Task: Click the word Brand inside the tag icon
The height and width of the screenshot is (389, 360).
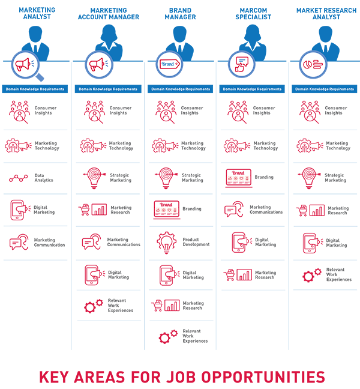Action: coord(167,64)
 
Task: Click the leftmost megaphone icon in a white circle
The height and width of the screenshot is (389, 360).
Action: coord(23,64)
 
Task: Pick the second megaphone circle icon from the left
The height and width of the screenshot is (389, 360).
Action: coord(96,64)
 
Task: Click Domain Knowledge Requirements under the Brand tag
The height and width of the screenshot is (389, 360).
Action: coord(181,89)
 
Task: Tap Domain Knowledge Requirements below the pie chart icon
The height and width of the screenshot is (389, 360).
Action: coord(325,89)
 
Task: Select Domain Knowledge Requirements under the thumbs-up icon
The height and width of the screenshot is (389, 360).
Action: coord(252,89)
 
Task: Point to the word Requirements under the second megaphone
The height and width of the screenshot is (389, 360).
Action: coord(122,89)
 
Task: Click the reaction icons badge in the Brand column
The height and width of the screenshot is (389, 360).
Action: coord(165,210)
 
